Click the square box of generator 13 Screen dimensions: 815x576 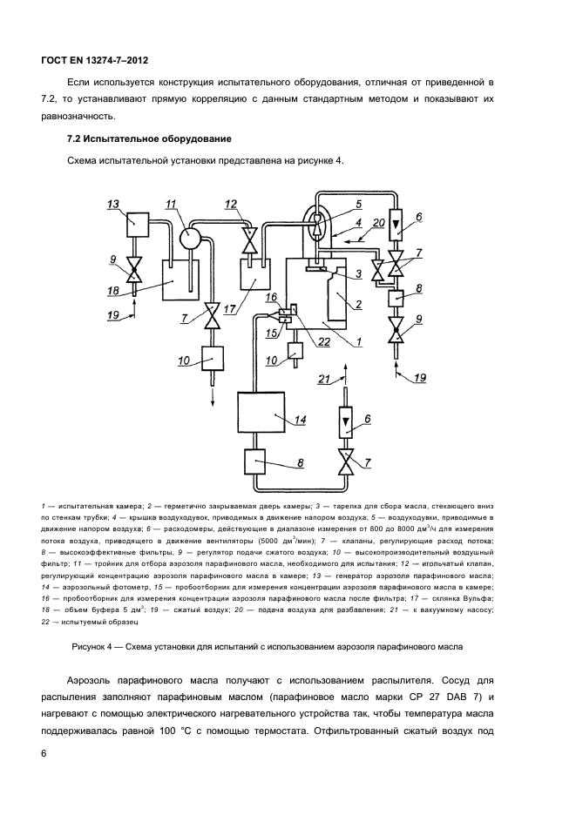139,225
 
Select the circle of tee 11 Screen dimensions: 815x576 190,238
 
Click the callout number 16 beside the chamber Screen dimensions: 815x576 273,299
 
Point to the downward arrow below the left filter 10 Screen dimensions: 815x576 212,394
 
